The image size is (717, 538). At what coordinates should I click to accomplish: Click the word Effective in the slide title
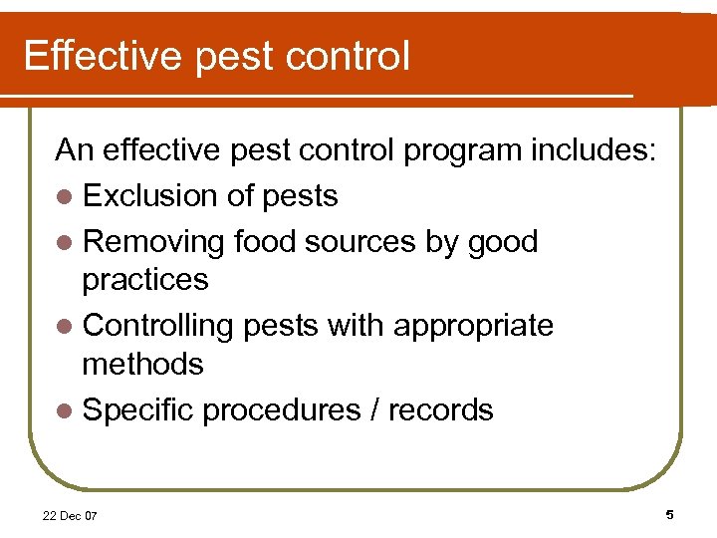[103, 56]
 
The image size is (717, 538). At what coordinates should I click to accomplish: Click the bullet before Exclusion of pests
[65, 197]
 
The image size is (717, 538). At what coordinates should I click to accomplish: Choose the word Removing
[154, 242]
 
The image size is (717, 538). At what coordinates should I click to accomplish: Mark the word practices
[145, 280]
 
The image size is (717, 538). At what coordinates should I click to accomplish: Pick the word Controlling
[161, 326]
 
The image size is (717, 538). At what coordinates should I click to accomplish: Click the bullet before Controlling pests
[65, 327]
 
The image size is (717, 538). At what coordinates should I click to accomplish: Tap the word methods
[142, 364]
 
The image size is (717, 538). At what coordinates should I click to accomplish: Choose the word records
[440, 409]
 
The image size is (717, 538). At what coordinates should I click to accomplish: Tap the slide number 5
[669, 515]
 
